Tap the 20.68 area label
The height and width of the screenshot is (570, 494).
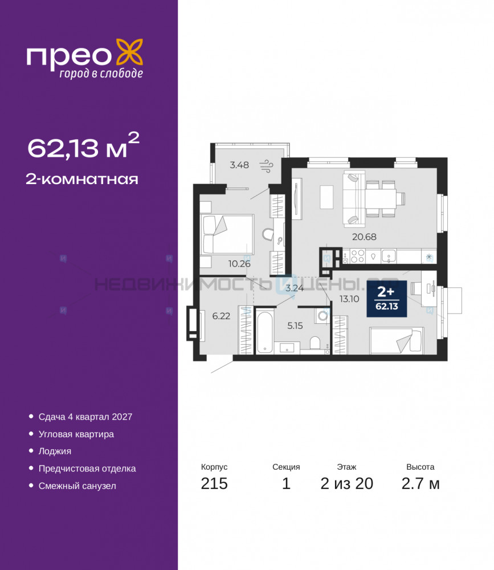tap(364, 237)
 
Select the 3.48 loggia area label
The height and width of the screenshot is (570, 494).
tap(239, 165)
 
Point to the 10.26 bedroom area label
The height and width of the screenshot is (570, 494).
tap(239, 263)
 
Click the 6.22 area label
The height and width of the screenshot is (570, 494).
tap(221, 316)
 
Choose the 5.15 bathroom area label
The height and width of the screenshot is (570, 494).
tap(295, 325)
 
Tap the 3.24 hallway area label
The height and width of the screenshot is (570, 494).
tap(295, 288)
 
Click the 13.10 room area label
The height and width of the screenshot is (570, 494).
tap(349, 299)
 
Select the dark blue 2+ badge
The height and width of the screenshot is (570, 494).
tap(386, 299)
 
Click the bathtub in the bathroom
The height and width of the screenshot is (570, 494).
tap(264, 332)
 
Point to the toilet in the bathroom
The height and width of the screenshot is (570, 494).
tap(315, 342)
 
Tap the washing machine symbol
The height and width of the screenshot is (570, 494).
tap(322, 316)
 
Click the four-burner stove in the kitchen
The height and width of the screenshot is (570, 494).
tap(357, 256)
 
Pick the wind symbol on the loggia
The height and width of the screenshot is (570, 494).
tap(266, 165)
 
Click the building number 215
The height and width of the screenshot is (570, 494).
tap(214, 484)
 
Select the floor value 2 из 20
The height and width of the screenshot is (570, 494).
tap(347, 484)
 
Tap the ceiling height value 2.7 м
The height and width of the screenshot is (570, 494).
tap(420, 484)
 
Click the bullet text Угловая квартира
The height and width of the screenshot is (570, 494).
tap(76, 434)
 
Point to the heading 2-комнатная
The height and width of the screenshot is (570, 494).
tap(82, 179)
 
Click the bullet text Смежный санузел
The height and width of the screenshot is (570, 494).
tap(77, 486)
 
